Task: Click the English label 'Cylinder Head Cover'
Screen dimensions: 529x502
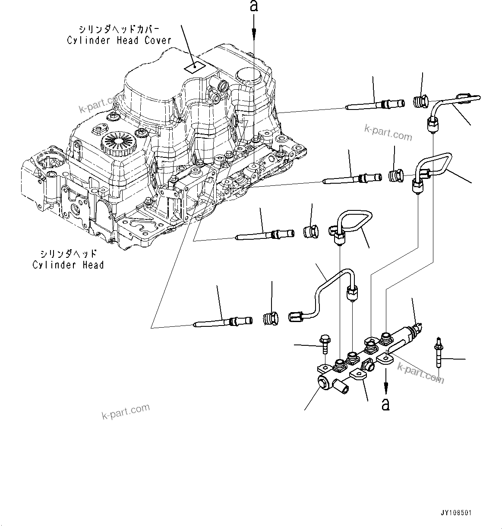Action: click(119, 41)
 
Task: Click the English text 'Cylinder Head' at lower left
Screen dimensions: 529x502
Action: click(68, 265)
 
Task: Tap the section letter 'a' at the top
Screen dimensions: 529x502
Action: click(254, 6)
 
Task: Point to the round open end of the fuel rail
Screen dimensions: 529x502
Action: click(323, 382)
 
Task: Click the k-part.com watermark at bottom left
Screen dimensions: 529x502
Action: click(126, 411)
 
